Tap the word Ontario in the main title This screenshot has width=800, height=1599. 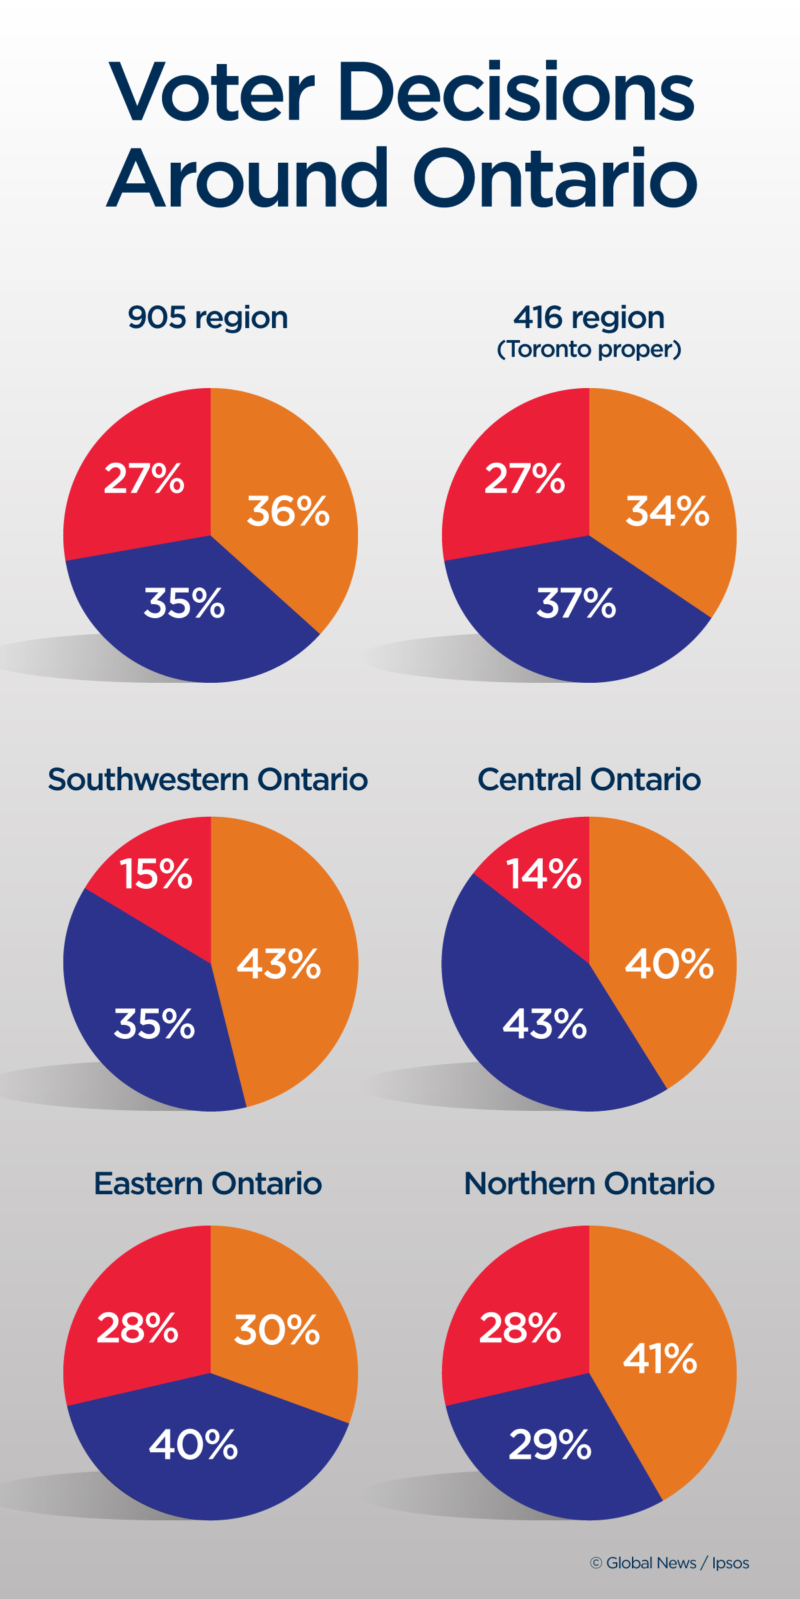(555, 179)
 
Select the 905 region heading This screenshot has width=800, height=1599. (208, 317)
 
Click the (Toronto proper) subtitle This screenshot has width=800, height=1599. (589, 349)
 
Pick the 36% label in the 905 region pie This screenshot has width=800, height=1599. (288, 511)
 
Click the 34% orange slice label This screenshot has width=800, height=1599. (667, 511)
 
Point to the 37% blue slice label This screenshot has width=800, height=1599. (577, 603)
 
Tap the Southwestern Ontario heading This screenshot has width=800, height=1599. (208, 779)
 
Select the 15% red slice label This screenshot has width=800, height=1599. (155, 874)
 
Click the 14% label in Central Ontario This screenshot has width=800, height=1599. (543, 874)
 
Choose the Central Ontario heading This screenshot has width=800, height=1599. (589, 779)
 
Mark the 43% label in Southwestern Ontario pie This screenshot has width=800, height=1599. (279, 964)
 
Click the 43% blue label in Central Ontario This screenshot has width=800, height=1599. (545, 1024)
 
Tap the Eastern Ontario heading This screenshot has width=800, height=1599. (208, 1184)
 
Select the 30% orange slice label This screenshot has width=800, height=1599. (277, 1330)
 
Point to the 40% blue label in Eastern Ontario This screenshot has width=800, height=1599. (193, 1445)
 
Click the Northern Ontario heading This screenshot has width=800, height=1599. (589, 1184)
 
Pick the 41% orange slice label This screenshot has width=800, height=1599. (660, 1358)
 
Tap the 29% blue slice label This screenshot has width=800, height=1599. (550, 1445)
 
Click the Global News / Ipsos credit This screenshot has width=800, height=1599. (669, 1563)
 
